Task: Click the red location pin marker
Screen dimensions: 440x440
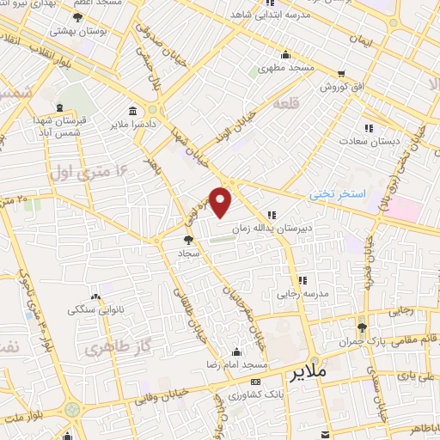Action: coord(221,201)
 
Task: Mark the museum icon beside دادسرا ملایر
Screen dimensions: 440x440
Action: coord(132,111)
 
